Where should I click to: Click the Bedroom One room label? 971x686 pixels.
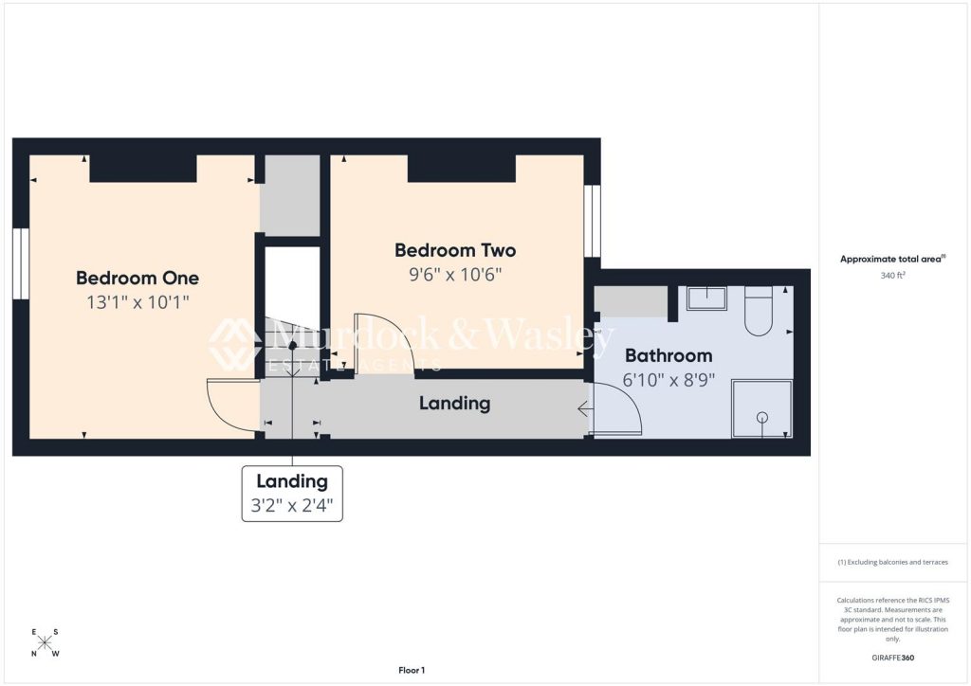click(137, 278)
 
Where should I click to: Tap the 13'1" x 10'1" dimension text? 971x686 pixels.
click(137, 304)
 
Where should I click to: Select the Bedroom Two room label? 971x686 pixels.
click(455, 250)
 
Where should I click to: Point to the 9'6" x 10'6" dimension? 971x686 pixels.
click(455, 276)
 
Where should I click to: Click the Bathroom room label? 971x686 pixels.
click(668, 355)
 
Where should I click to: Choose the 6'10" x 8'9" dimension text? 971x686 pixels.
click(668, 380)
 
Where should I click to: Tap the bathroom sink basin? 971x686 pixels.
click(706, 298)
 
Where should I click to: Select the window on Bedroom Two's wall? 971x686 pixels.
click(593, 221)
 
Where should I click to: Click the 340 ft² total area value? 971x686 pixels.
click(892, 277)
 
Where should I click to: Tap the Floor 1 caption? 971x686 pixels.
click(411, 670)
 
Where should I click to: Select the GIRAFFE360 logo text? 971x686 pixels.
click(893, 657)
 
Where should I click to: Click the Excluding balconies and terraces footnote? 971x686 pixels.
click(892, 562)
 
